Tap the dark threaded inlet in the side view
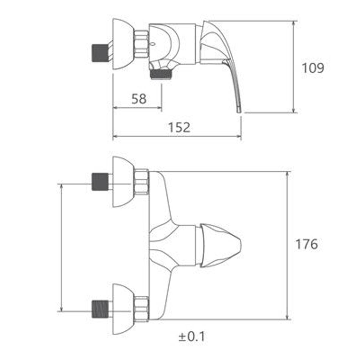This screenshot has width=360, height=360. (x=100, y=53)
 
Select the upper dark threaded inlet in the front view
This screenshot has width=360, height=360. (x=100, y=182)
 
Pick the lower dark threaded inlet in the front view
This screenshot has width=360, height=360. (x=100, y=309)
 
